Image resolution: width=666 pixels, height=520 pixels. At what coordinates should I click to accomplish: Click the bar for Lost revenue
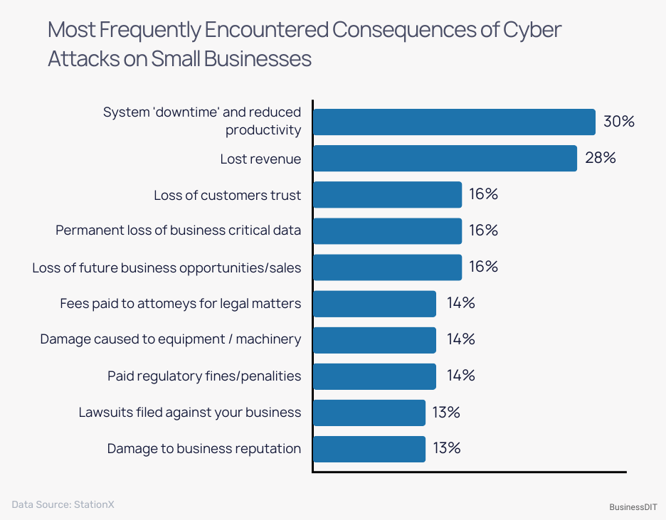point(445,158)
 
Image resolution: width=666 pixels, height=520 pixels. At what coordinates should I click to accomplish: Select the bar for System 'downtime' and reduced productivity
point(454,122)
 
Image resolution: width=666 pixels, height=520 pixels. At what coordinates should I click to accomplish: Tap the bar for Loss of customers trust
point(387,194)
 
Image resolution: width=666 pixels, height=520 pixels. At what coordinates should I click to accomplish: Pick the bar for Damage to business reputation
point(369,449)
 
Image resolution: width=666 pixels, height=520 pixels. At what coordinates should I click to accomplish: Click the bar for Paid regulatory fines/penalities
point(374,376)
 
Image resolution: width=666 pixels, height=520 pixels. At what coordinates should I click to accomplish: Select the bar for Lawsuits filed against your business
point(369,413)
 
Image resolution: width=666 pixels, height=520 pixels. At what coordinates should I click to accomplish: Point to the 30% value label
point(618,122)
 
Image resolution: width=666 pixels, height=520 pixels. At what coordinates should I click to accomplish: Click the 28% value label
point(600,158)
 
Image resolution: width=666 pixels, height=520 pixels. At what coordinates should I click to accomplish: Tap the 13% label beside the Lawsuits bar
point(446,413)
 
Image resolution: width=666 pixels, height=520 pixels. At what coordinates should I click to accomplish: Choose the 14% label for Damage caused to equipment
point(460,339)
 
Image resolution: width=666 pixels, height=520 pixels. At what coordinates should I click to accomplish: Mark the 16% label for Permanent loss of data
point(483,230)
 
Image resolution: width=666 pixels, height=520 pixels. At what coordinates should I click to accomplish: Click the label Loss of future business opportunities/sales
point(166,267)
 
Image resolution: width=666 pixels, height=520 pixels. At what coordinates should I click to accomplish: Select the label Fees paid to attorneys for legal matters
point(181,304)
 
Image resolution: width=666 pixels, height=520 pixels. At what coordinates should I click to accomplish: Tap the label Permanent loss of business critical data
point(178,230)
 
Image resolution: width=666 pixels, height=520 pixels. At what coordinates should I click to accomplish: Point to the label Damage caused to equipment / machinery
point(171,339)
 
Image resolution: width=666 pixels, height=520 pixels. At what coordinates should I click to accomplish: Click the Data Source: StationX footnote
point(63,504)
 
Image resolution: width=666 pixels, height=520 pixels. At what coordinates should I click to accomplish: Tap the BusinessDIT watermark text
point(633,507)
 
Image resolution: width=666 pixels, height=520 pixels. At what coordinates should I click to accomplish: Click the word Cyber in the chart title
point(532,30)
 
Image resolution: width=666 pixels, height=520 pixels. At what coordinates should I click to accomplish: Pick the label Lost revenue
point(260,159)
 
